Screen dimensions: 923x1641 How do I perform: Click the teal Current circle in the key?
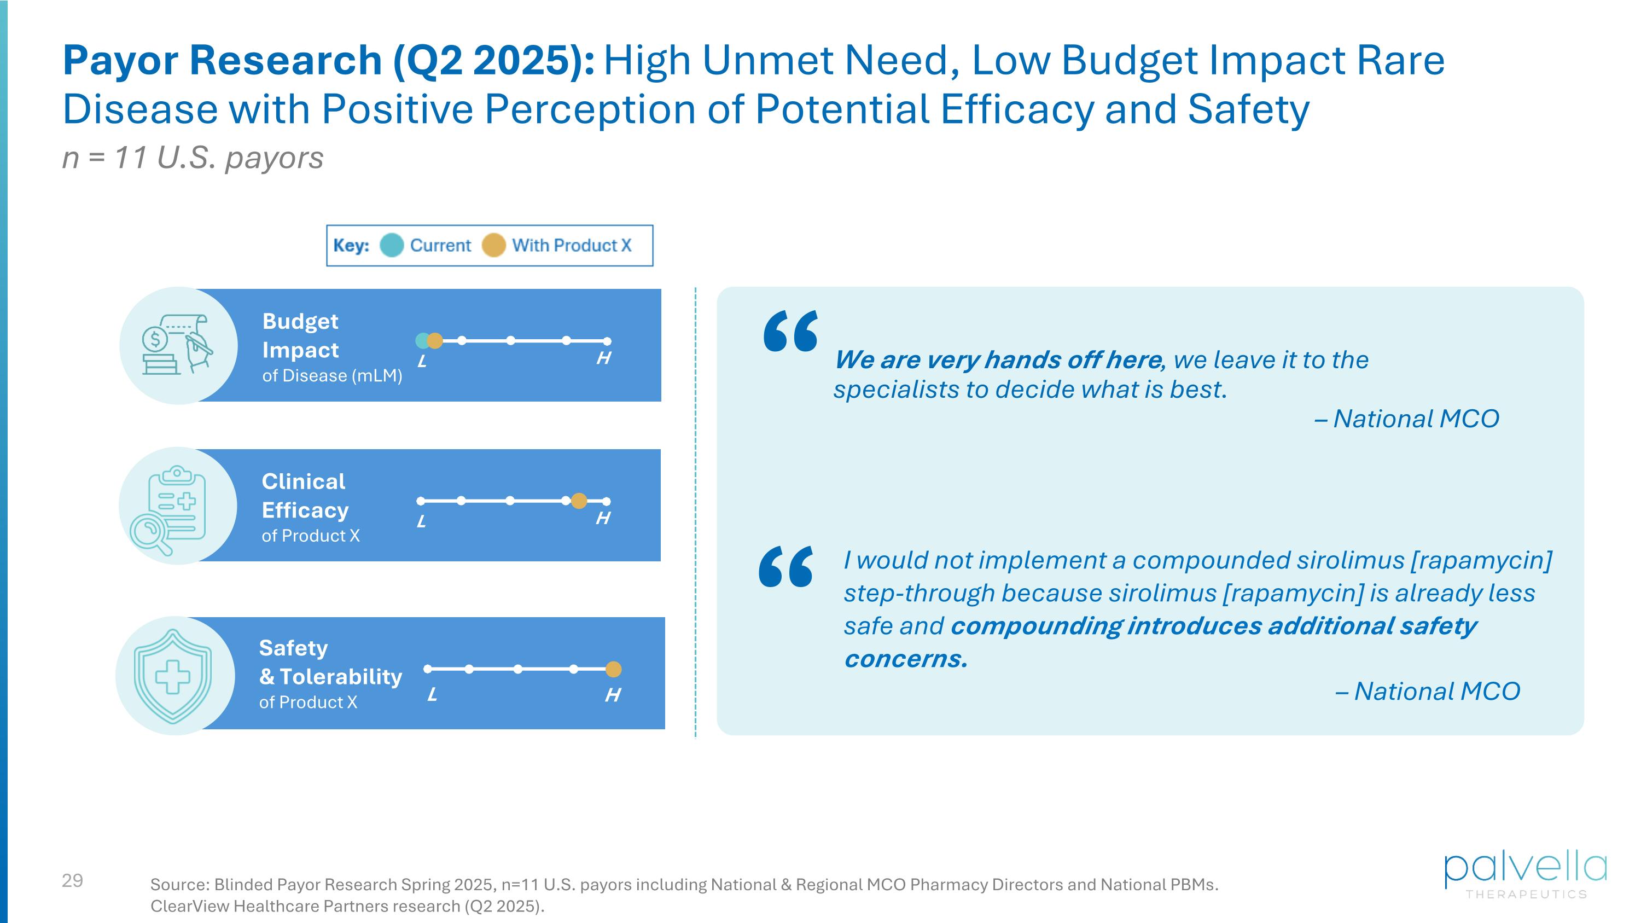click(x=391, y=245)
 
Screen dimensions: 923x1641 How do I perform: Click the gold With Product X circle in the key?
click(x=493, y=245)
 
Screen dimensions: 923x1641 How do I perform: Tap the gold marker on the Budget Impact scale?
click(x=435, y=341)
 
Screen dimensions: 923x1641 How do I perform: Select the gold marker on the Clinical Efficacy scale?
click(x=578, y=501)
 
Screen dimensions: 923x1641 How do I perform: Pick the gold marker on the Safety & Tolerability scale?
click(x=613, y=669)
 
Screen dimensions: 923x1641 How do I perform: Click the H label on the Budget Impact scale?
click(x=603, y=358)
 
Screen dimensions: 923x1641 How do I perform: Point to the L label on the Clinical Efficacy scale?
click(x=421, y=522)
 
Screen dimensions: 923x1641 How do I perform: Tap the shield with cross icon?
click(x=173, y=676)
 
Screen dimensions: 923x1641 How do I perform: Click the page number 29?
click(x=73, y=880)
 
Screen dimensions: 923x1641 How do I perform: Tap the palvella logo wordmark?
click(x=1524, y=869)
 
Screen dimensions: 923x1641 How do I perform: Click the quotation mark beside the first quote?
click(x=790, y=331)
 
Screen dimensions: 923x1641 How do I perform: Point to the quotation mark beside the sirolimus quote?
click(x=785, y=566)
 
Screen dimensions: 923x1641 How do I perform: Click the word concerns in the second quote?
click(x=905, y=659)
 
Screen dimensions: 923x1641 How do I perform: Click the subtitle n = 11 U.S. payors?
click(x=193, y=158)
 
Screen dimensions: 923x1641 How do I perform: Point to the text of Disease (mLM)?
click(x=332, y=376)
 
